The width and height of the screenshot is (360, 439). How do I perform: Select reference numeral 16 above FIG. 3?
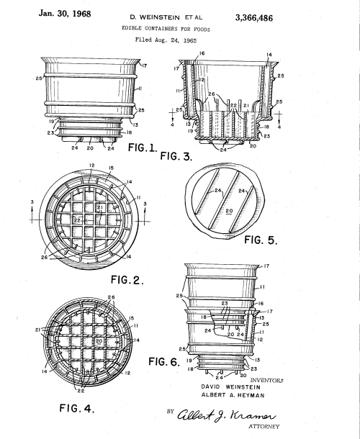pos(202,54)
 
